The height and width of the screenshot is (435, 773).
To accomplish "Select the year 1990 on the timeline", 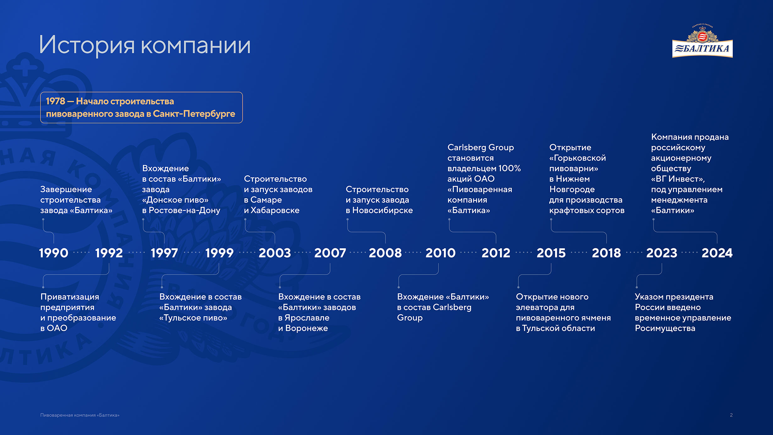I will [53, 253].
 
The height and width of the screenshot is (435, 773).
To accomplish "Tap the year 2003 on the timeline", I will [275, 253].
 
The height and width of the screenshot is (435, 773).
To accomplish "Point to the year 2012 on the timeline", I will [496, 253].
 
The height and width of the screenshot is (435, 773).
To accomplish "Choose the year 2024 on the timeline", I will [717, 253].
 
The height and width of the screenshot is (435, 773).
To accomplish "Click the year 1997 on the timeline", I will [164, 253].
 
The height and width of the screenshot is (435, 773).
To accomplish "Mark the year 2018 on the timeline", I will [606, 253].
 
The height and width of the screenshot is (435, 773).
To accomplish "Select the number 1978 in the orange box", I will [55, 101].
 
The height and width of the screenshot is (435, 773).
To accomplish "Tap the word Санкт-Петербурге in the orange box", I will [194, 114].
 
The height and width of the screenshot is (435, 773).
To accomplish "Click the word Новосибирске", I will [382, 210].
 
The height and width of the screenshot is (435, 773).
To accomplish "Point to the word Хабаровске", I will [275, 210].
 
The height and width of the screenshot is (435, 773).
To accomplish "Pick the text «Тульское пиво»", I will [193, 318].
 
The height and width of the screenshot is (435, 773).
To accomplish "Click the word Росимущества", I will [665, 328].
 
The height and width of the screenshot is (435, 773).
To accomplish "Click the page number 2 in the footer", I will [731, 415].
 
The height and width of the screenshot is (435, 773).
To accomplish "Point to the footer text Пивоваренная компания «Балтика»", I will [80, 415].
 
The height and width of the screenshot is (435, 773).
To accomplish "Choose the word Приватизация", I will [70, 297].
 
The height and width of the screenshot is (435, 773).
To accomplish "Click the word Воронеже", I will [306, 328].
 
